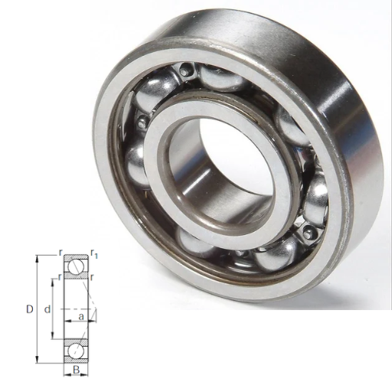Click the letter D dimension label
(30, 309)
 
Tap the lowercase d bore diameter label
(47, 309)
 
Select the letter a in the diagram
(81, 317)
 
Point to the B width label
(76, 370)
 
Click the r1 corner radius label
(94, 253)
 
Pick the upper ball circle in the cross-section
(76, 266)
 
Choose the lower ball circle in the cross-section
(76, 351)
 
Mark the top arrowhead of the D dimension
(38, 258)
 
